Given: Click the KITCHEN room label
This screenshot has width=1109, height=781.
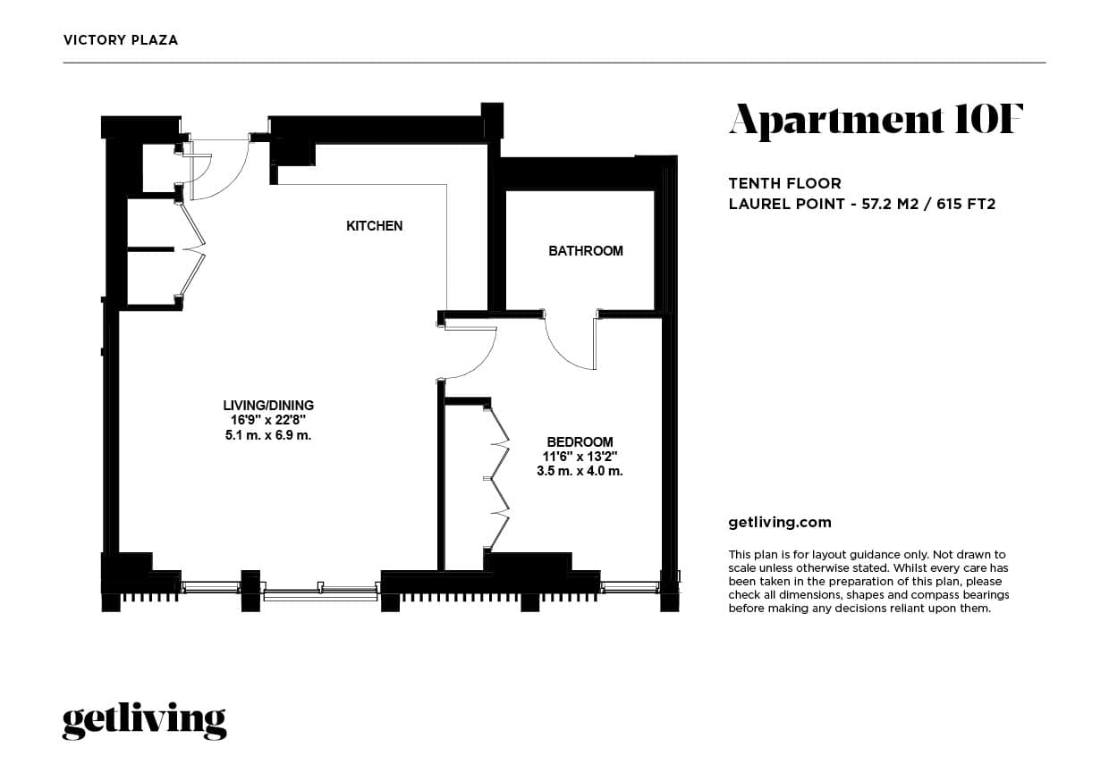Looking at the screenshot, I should pos(374,226).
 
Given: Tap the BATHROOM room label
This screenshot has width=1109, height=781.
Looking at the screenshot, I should pos(585,251).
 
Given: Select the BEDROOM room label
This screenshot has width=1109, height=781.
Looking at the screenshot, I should pos(580,441).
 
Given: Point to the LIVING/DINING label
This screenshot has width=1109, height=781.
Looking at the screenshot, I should pos(268,406).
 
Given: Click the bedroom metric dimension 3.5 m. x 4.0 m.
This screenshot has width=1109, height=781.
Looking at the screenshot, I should pos(580,471).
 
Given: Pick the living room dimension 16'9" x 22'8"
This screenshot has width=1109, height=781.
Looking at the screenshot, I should pos(268,420).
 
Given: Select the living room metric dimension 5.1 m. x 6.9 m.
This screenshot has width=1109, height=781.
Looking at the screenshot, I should pos(268,435).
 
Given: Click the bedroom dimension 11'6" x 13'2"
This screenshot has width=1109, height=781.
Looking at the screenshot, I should pos(580,457).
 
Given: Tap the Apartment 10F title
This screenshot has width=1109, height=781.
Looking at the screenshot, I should pos(875,121).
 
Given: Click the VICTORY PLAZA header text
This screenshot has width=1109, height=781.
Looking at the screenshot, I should pos(121,40).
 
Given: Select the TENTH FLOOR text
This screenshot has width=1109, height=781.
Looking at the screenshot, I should pos(784,184).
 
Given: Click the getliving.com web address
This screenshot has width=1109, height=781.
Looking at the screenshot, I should pos(780,523).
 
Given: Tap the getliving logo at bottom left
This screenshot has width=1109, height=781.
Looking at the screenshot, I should pos(144,721).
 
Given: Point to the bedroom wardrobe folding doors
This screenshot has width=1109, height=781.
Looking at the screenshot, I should pos(497,478).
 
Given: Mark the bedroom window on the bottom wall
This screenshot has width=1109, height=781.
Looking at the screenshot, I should pos(630,587).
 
